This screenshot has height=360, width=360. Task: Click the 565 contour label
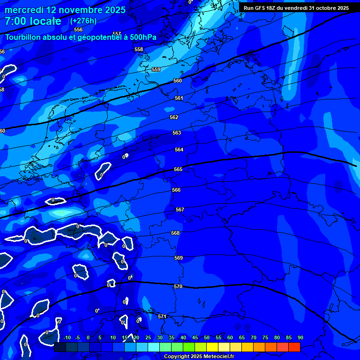(x=178, y=169)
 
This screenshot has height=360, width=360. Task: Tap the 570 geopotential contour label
(x=178, y=286)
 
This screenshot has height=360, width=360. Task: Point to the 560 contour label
(x=178, y=81)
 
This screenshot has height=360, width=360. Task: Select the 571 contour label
(x=162, y=316)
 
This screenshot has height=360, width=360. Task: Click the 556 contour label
(x=78, y=30)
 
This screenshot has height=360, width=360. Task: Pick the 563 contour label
(x=177, y=133)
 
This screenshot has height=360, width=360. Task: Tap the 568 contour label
(x=175, y=233)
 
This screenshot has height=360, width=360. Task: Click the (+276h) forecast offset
(x=83, y=21)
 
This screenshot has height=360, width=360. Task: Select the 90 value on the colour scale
(x=300, y=337)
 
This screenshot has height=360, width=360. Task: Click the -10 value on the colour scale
(x=67, y=337)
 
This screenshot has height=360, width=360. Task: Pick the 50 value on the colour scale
(x=207, y=337)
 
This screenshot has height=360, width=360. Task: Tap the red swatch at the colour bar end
(x=294, y=347)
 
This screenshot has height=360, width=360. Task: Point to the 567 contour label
(x=180, y=210)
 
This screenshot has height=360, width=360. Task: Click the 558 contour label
(x=138, y=49)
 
